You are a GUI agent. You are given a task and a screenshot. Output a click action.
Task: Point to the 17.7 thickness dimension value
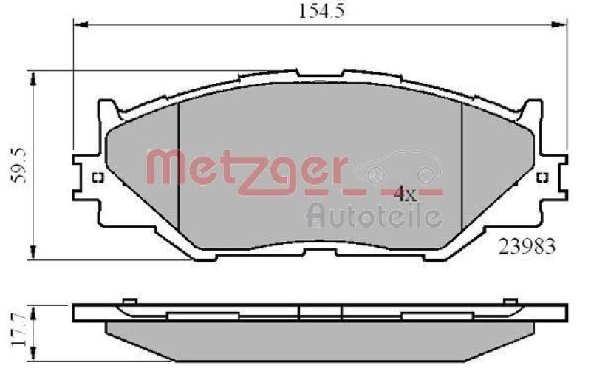coord(19,332)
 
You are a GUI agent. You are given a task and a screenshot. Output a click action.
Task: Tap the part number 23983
coord(525,246)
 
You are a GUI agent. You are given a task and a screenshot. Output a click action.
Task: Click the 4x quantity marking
coord(405,194)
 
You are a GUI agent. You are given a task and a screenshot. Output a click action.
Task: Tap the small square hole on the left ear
coord(96,177)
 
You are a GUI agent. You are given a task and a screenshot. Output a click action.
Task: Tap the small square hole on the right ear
coord(542,177)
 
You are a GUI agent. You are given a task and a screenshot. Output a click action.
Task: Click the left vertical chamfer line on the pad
coord(180,166)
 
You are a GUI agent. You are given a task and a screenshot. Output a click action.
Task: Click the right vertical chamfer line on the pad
coord(462,166)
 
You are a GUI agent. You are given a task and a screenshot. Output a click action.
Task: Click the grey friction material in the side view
coord(318,340)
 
